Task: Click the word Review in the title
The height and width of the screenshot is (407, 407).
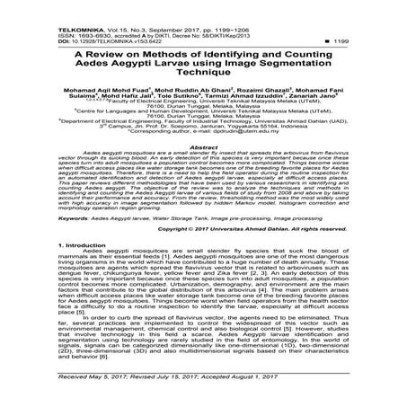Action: pos(107,55)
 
